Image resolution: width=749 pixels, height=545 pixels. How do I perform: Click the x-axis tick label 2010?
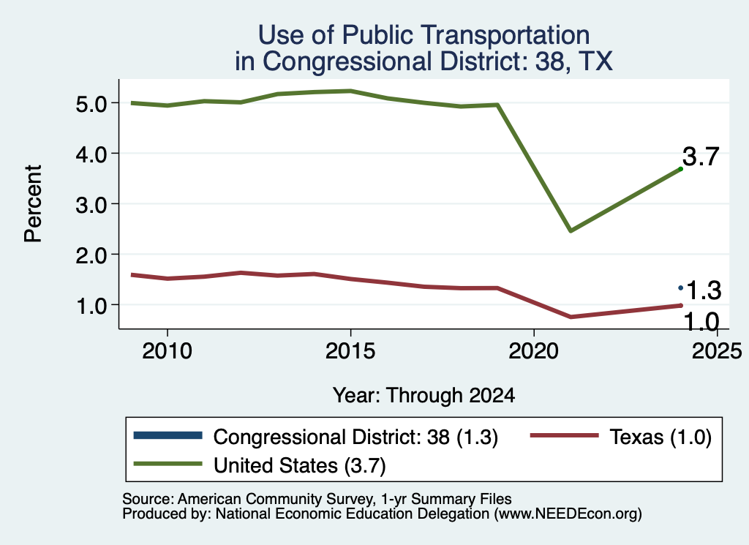[x=168, y=351]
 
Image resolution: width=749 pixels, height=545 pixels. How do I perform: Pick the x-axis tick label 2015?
[x=350, y=351]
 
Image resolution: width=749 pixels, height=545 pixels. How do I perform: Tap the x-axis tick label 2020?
[x=533, y=351]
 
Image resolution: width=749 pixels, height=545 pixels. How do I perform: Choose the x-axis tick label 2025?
[x=717, y=351]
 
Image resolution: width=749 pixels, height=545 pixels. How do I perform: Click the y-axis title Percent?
[x=34, y=204]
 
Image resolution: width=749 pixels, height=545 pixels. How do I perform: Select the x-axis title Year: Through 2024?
[x=424, y=396]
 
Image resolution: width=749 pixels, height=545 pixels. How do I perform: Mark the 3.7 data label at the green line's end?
[x=701, y=157]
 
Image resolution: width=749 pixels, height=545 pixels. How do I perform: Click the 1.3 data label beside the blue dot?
[x=703, y=290]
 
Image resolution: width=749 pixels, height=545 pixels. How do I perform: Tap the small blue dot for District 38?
[x=681, y=287]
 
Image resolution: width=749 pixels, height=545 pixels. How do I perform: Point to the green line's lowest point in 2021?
[x=571, y=230]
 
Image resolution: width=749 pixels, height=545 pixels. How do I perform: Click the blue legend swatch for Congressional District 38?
[x=168, y=435]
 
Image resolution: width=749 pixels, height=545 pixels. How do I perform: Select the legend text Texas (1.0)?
[x=660, y=437]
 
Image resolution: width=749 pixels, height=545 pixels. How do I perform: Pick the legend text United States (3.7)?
[x=299, y=465]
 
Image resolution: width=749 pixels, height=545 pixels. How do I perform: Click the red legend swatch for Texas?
[x=564, y=435]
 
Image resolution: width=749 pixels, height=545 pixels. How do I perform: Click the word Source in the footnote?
[x=146, y=499]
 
